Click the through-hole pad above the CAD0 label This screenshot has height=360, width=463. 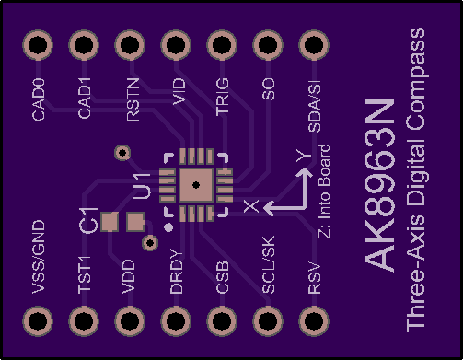click(x=38, y=45)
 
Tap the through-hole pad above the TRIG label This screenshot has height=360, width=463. click(x=222, y=45)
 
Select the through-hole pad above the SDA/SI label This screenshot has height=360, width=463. click(x=314, y=45)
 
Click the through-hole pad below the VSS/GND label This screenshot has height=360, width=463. click(x=38, y=321)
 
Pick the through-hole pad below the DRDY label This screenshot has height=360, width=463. click(x=176, y=321)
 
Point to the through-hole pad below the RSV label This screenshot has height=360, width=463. click(x=314, y=321)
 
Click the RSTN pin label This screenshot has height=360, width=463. click(x=133, y=99)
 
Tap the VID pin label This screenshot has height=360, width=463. click(x=179, y=91)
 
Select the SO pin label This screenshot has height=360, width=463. click(x=268, y=89)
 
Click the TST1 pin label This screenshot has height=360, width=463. click(x=84, y=274)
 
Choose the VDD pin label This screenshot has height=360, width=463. click(x=128, y=276)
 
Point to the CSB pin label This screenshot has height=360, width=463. click(x=222, y=277)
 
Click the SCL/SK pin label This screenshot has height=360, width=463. click(x=268, y=264)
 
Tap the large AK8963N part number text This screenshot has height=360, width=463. click(x=379, y=185)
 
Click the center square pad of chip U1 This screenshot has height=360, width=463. click(x=196, y=185)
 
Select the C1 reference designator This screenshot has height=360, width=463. click(x=88, y=220)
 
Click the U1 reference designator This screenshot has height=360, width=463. click(x=142, y=186)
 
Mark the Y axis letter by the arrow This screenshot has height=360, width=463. click(x=304, y=156)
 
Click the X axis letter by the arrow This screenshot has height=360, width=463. click(x=251, y=206)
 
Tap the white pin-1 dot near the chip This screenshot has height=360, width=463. click(x=168, y=227)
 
